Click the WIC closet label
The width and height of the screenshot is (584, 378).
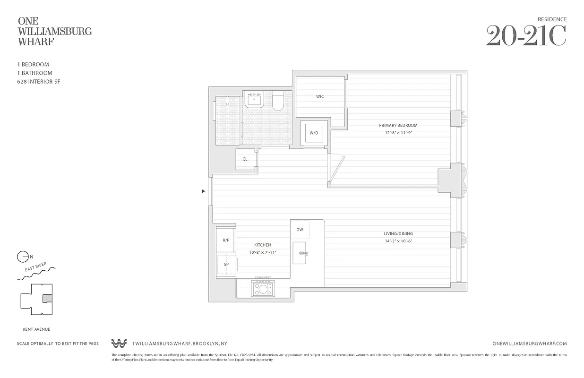320,96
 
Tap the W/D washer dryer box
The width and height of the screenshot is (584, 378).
314,133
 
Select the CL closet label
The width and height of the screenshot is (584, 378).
245,159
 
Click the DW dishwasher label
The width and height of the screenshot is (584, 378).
300,230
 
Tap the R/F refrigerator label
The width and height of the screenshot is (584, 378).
226,241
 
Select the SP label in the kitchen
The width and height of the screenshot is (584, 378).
226,265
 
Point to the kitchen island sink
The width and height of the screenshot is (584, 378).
301,254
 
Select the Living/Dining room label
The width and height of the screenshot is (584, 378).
398,234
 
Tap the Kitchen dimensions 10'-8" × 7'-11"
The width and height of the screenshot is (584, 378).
262,252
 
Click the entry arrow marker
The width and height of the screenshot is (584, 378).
203,191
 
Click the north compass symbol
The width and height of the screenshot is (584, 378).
22,257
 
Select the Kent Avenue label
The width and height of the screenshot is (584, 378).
36,329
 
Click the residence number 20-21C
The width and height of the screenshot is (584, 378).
526,35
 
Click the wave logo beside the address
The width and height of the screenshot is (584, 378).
120,344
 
